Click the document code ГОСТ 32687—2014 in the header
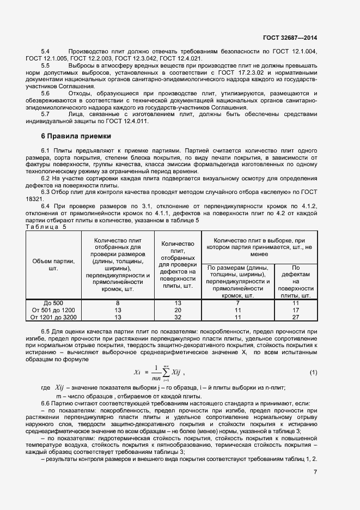290,38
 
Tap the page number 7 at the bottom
315,472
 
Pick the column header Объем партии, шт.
53,265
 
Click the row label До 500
53,303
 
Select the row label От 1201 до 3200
53,316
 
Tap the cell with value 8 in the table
118,303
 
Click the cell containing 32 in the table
178,316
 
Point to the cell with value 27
296,316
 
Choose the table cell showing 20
178,309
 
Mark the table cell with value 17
296,309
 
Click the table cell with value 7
238,303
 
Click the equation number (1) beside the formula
313,372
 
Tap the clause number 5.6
45,93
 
